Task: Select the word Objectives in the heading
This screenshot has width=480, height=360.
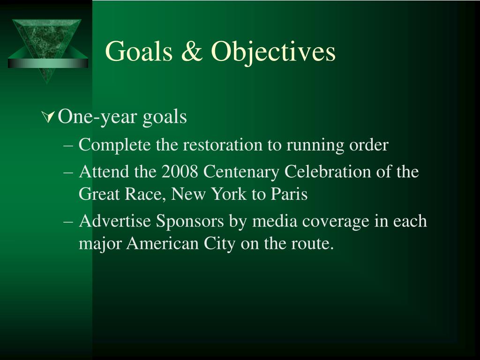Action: tap(273, 51)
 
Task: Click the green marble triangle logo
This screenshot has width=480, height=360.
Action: tap(47, 47)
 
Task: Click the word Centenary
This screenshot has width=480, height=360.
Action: tap(241, 172)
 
